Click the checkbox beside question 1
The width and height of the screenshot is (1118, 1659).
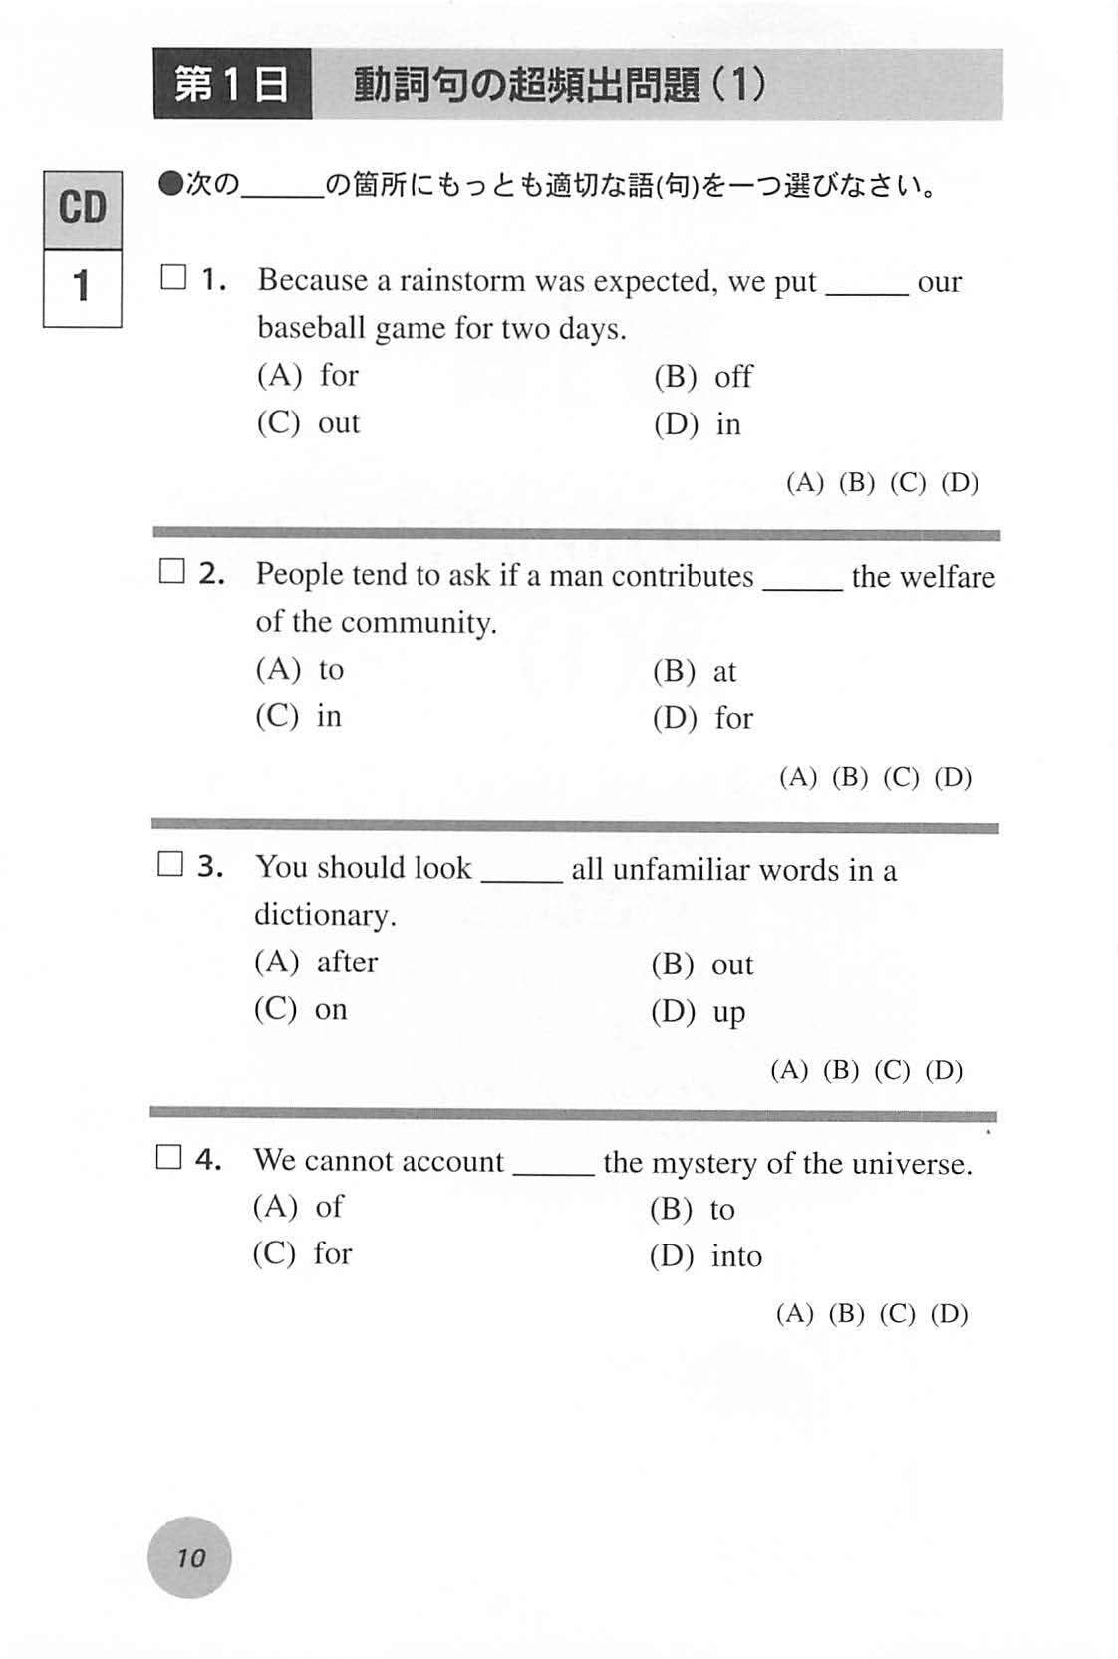(173, 278)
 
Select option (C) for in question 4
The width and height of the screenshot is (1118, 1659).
(302, 1253)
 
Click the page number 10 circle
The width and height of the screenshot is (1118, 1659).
(189, 1557)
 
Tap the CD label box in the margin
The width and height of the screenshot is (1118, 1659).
(83, 209)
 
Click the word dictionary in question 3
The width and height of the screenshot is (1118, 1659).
(324, 915)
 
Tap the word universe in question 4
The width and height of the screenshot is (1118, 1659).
(916, 1163)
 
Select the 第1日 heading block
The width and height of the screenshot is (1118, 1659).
(232, 85)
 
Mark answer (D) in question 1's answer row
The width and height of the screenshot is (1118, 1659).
(960, 483)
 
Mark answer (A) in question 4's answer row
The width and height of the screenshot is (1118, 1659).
(794, 1314)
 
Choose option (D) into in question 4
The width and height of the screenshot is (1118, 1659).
(705, 1256)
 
